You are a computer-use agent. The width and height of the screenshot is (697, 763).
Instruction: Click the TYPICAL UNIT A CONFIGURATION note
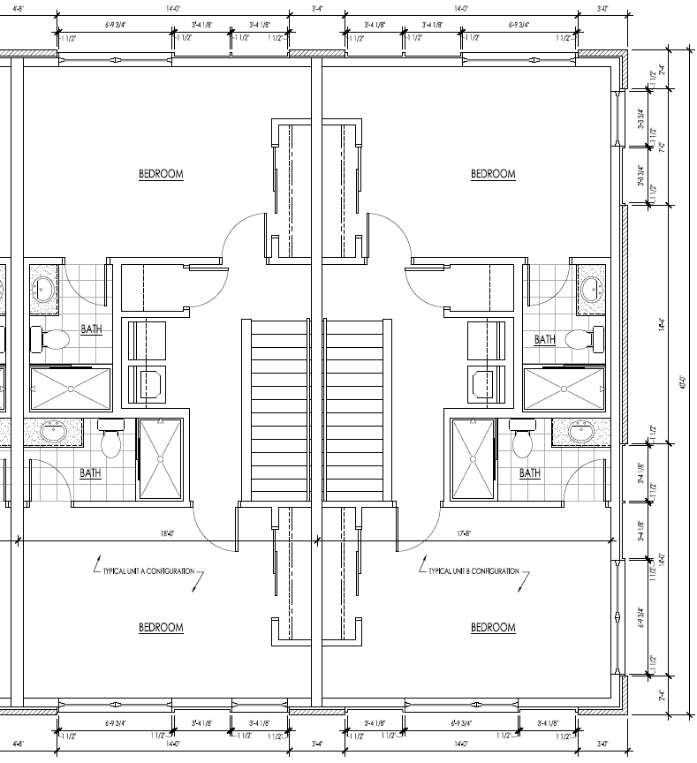(148, 571)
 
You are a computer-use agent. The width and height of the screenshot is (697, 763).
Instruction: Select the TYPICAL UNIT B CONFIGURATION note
(474, 571)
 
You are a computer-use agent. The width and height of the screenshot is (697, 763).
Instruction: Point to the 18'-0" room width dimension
(167, 533)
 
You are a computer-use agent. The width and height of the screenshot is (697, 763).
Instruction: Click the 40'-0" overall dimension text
(683, 384)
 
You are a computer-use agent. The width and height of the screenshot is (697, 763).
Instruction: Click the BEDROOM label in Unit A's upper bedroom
(161, 174)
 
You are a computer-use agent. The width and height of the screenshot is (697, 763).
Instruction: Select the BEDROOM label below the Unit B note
(493, 628)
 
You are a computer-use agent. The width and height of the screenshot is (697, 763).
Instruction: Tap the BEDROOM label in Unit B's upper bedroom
(493, 174)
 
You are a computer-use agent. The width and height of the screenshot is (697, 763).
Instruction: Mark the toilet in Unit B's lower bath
(521, 439)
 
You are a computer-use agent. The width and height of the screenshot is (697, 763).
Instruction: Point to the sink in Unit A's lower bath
(52, 433)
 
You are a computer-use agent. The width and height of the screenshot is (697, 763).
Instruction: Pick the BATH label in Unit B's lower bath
(530, 473)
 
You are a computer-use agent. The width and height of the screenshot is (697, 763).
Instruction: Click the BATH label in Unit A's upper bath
(91, 329)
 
